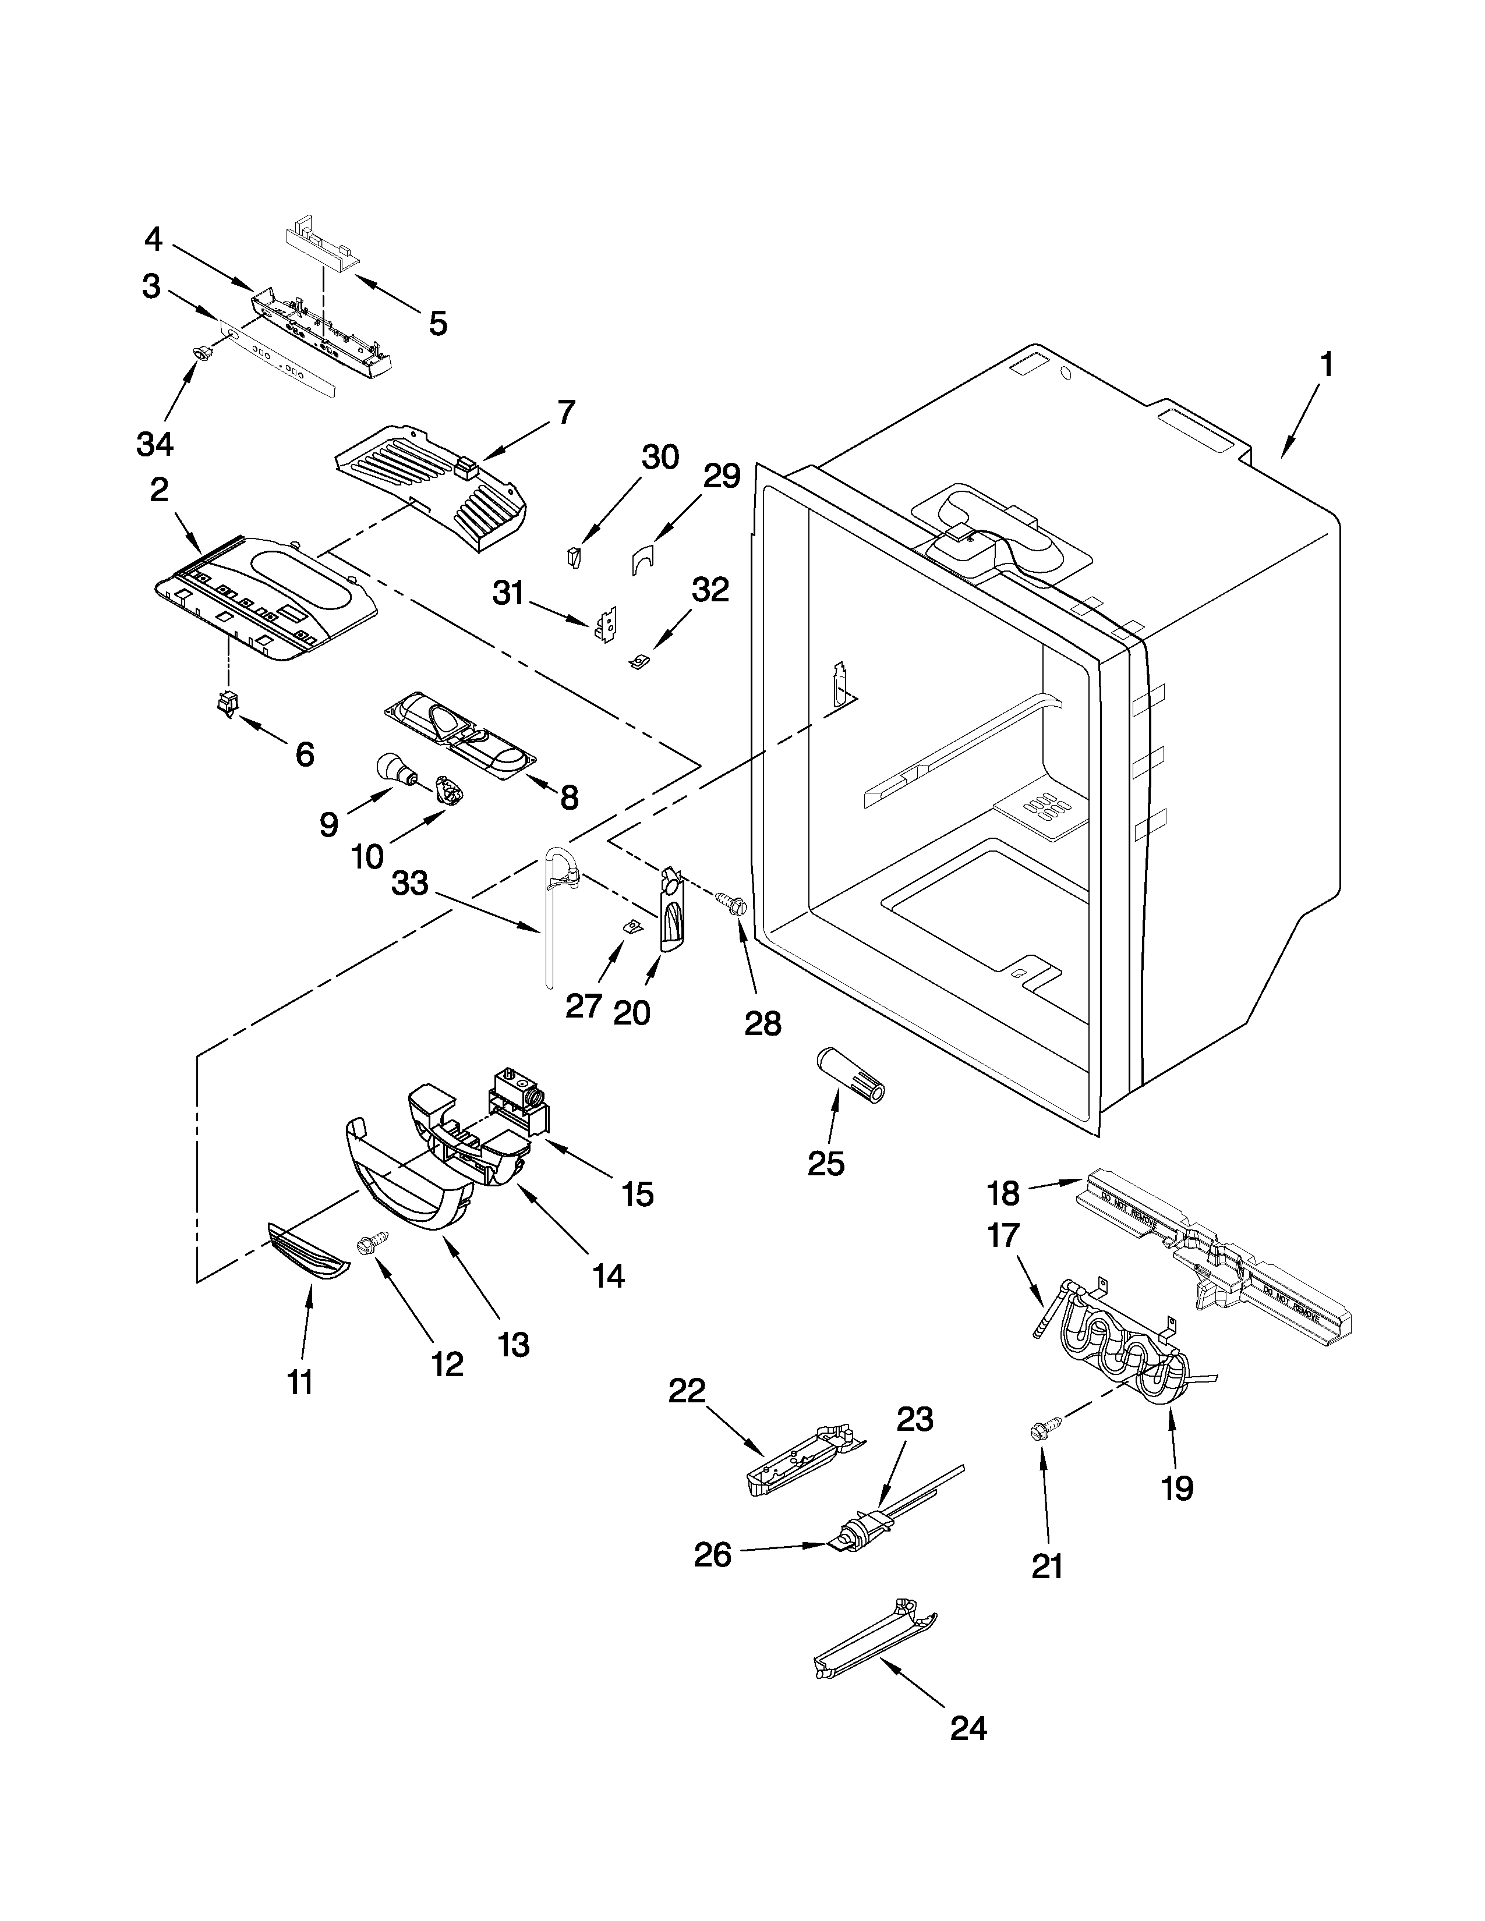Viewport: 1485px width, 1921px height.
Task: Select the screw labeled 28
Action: point(732,902)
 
